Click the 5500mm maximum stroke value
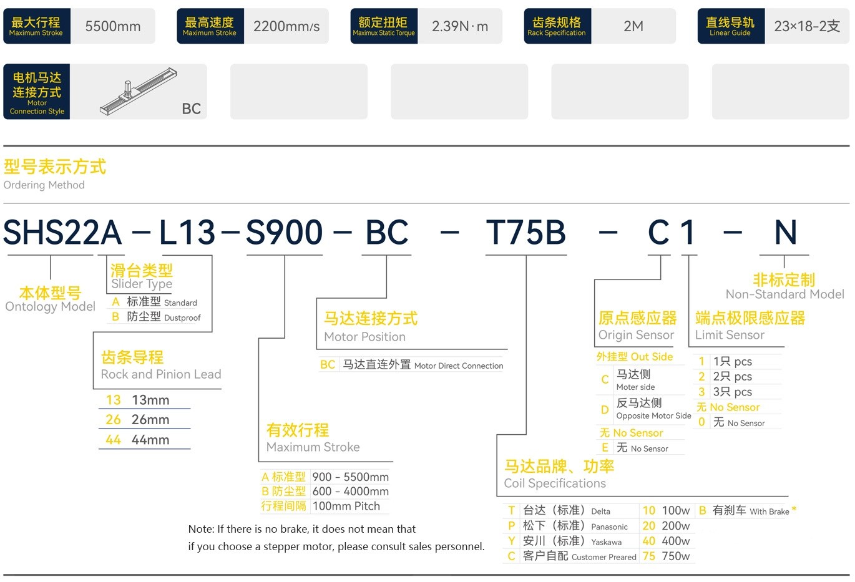click(112, 26)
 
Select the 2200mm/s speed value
click(286, 26)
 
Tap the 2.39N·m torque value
click(459, 26)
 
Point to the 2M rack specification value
click(633, 26)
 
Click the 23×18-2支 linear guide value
click(807, 26)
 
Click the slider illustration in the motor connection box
click(138, 91)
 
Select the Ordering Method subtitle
click(44, 185)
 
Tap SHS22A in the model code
click(62, 233)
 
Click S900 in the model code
click(285, 233)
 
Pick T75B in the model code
click(525, 233)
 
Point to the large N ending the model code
click(786, 233)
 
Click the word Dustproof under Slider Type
click(182, 318)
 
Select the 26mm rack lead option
click(150, 419)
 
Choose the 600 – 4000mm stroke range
click(350, 491)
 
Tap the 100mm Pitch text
click(346, 506)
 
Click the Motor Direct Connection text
click(459, 366)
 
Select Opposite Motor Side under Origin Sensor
click(653, 415)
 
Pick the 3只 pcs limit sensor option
click(733, 392)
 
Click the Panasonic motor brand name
click(609, 526)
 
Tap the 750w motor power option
click(676, 556)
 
